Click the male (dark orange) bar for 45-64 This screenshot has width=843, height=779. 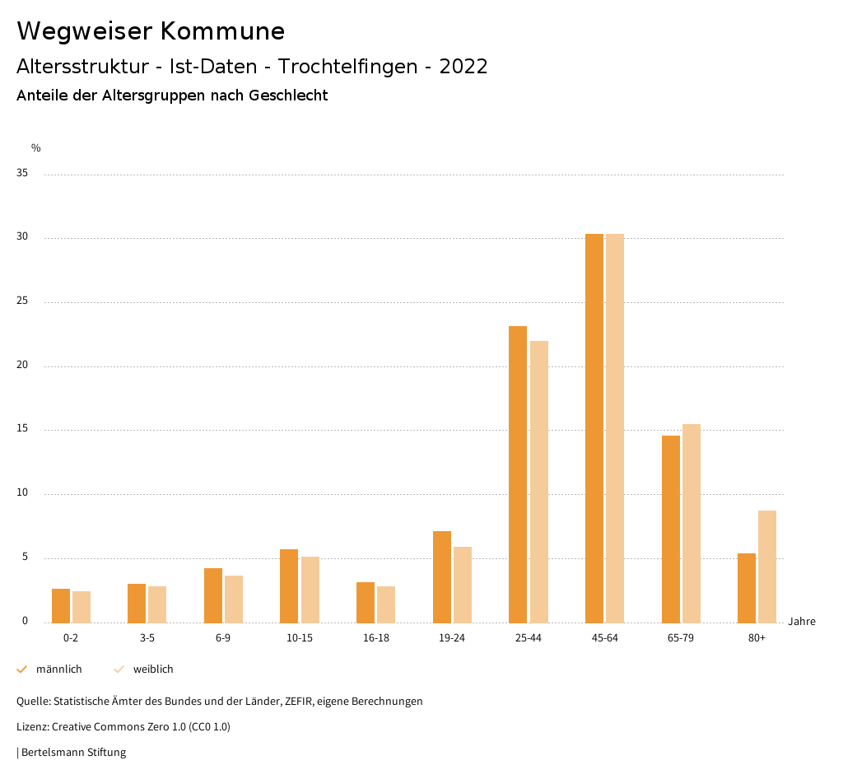coord(594,428)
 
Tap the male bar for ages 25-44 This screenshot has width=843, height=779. coord(517,474)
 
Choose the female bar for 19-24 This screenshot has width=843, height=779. coord(462,585)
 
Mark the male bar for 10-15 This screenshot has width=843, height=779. coord(288,585)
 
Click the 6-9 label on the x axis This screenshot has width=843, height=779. coord(223,638)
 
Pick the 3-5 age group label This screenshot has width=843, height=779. coord(147,638)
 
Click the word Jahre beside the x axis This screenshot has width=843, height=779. coord(801,622)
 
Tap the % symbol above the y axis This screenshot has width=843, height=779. coord(35,148)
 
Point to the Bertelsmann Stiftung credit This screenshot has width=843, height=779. coord(73,753)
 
